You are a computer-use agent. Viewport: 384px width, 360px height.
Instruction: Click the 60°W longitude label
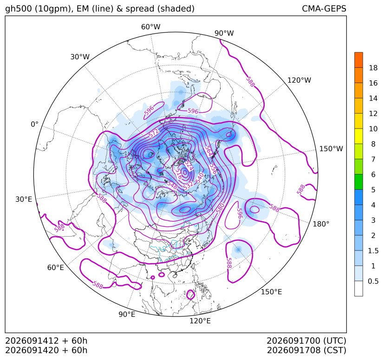150,27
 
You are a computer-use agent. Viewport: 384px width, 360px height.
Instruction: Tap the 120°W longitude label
299,80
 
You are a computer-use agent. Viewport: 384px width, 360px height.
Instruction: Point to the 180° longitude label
321,224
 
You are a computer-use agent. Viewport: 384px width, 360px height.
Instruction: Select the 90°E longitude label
127,314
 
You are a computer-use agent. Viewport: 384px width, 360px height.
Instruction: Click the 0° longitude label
34,124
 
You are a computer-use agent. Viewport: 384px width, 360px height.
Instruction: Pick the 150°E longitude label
271,292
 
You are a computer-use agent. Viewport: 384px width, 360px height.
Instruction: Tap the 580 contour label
220,208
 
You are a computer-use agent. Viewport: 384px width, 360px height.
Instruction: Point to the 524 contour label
189,166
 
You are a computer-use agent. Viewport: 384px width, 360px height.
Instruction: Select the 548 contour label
172,185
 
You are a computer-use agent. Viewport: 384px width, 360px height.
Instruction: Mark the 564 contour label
208,151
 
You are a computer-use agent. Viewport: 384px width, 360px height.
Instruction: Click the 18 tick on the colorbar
373,68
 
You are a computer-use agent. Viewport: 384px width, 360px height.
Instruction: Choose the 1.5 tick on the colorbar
373,251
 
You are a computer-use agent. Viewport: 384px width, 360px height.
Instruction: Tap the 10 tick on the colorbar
373,129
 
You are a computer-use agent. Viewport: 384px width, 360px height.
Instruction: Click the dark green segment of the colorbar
358,182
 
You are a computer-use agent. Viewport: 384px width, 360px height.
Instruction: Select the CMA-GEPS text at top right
324,8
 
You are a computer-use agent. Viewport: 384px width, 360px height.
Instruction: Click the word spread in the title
140,9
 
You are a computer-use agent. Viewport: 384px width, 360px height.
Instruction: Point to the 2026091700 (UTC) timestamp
306,341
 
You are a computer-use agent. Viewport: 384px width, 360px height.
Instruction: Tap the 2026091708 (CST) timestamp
306,350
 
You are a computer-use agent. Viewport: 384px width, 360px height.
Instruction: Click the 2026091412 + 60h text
46,341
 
